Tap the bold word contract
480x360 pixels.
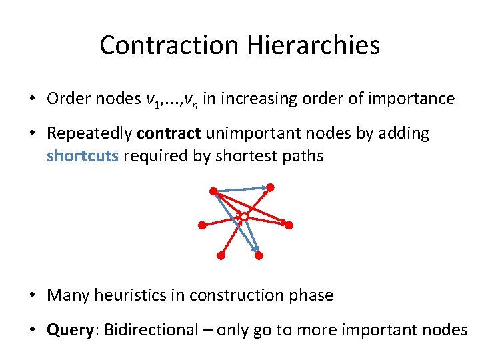[x=168, y=133]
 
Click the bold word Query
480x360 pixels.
[x=71, y=329]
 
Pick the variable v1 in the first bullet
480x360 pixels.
[x=153, y=100]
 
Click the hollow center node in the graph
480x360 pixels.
[x=244, y=217]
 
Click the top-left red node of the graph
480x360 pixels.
[x=213, y=191]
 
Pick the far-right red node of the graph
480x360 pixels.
[x=289, y=225]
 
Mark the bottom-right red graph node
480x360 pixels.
[x=259, y=255]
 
